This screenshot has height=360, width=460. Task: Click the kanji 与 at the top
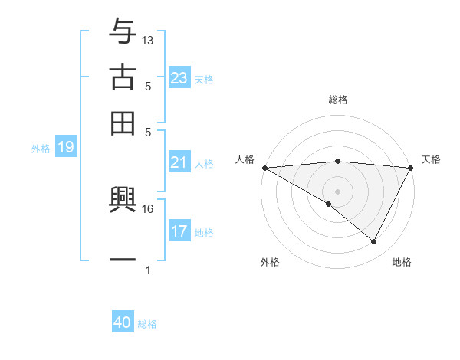tap(123, 32)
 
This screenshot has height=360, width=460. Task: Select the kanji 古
tap(123, 77)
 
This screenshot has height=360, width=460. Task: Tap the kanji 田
tap(123, 123)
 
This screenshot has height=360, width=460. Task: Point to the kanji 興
tap(123, 201)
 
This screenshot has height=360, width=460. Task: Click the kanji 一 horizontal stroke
tap(123, 260)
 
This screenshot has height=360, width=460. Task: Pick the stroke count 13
tap(148, 40)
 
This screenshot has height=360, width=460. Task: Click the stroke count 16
tap(148, 208)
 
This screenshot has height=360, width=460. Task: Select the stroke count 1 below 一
tap(148, 270)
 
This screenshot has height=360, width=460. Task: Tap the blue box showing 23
tap(179, 78)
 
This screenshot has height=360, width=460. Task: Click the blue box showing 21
tap(179, 162)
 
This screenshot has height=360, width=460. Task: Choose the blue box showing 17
tap(179, 231)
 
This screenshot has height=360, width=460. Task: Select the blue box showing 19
tap(65, 148)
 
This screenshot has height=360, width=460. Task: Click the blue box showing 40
tap(122, 323)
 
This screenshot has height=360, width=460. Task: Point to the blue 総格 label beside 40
tap(147, 324)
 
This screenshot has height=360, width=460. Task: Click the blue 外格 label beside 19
tap(41, 149)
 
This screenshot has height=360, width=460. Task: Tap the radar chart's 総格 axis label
tap(337, 100)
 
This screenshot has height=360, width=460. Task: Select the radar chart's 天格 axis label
tap(431, 159)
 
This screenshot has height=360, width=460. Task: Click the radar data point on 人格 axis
tap(264, 168)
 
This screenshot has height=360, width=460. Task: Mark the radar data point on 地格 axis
tap(374, 241)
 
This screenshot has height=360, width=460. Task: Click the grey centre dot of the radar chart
tap(337, 191)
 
